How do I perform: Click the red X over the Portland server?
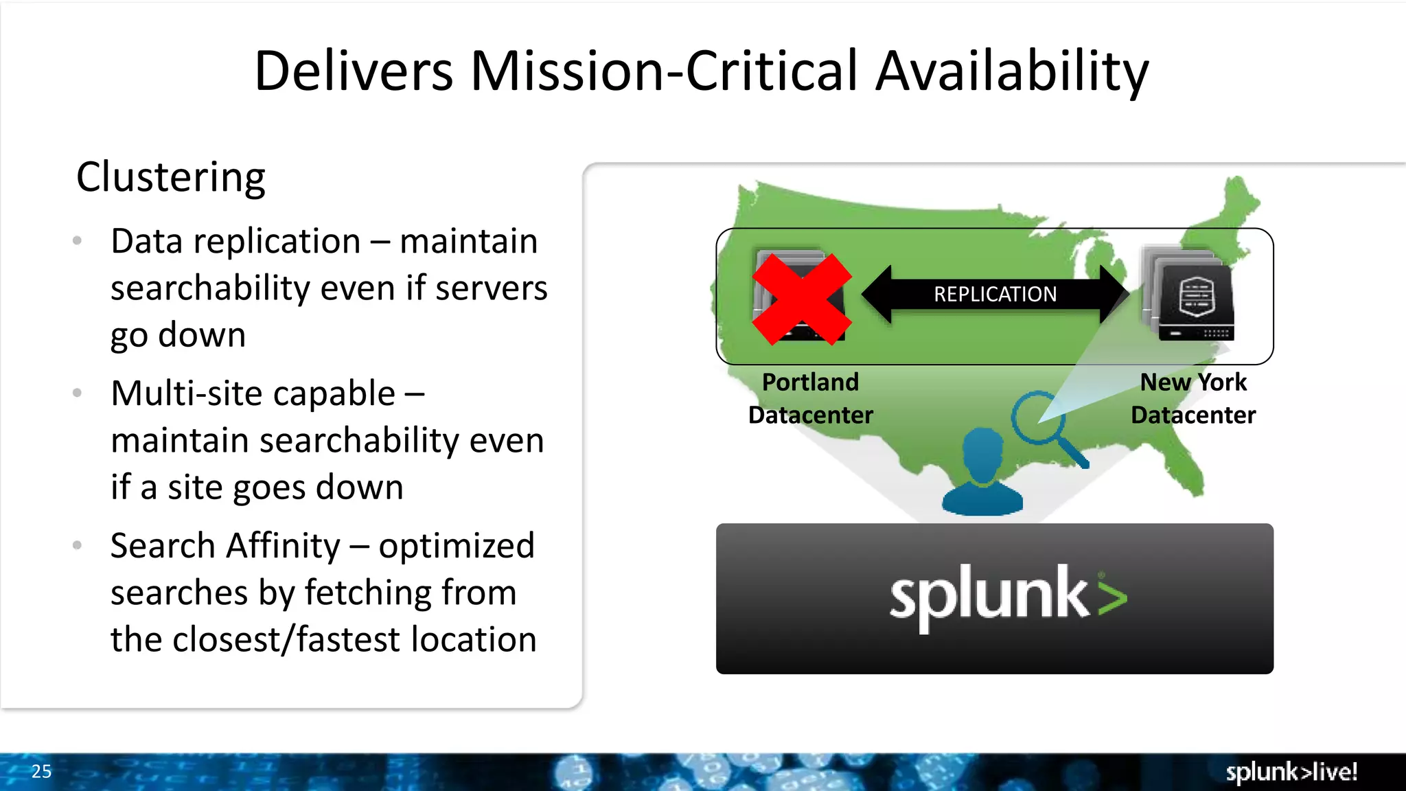click(801, 299)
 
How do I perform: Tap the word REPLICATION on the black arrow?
click(995, 294)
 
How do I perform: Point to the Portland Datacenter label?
click(810, 398)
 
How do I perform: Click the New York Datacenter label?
click(1193, 398)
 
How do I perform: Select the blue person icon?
click(982, 474)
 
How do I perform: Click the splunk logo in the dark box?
click(1008, 596)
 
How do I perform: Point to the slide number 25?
click(41, 771)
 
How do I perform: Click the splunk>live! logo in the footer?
click(1291, 772)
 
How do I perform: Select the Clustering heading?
click(170, 177)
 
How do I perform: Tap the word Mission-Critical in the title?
click(664, 71)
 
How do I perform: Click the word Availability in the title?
click(1012, 71)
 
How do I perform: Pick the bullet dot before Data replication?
click(78, 241)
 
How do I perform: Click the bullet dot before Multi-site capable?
click(78, 393)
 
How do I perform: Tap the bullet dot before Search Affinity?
click(78, 546)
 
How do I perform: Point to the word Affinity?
click(283, 547)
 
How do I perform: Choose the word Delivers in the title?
click(354, 71)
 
